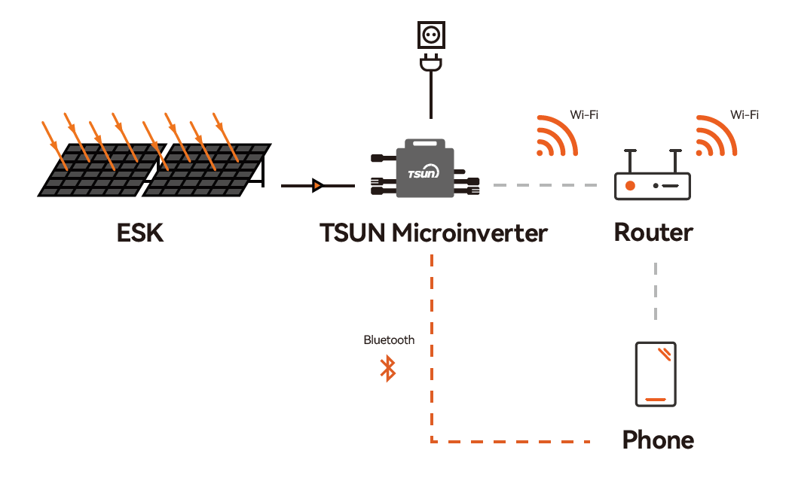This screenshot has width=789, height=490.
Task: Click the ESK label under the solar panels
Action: coord(140,233)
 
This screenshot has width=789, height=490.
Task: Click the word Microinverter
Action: coord(470,233)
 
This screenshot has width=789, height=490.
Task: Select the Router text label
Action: coord(653,233)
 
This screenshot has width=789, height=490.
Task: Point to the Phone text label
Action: coord(658,440)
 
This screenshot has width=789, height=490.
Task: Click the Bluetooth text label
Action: coord(389,340)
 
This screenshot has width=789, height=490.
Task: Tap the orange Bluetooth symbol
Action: coord(388,368)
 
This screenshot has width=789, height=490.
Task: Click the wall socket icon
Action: coord(431,35)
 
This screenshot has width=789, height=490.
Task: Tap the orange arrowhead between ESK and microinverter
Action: coord(317,185)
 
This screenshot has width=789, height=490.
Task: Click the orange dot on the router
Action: coord(630,186)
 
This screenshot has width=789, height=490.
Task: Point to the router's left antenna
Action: coord(630,161)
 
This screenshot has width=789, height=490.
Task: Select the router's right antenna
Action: coord(675,161)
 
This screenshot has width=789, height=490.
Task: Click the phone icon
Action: coord(656,374)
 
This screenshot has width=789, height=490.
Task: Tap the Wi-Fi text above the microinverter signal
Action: coord(584,115)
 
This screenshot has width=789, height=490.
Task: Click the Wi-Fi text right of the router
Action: coord(745,115)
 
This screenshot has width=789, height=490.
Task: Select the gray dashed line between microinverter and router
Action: coord(546,185)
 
